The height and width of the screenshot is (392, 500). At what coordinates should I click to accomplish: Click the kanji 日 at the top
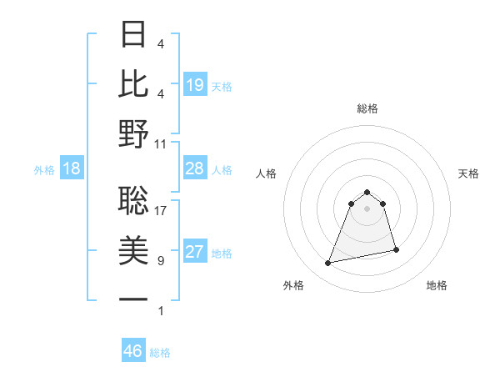[134, 35]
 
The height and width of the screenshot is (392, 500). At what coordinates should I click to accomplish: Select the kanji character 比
[134, 83]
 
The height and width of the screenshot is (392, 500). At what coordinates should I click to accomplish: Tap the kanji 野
[134, 134]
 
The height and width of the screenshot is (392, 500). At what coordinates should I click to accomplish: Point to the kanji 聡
[134, 199]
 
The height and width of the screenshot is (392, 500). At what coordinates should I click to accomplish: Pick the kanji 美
[134, 249]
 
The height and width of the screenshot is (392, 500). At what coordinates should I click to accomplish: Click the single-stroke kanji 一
[134, 299]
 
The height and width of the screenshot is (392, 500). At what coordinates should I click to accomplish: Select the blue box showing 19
[195, 85]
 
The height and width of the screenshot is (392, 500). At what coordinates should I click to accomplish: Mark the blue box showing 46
[133, 351]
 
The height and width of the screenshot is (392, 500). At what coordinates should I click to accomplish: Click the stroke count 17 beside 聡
[161, 211]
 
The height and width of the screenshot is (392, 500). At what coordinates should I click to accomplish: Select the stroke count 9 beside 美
[160, 261]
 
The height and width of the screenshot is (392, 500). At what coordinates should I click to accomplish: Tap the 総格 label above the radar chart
[367, 108]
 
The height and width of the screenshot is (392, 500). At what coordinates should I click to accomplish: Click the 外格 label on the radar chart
[293, 286]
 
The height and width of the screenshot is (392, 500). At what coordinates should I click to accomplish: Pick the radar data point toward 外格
[328, 264]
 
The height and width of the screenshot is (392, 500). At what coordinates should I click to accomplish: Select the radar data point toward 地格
[396, 250]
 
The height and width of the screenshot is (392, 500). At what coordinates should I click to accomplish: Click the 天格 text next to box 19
[222, 87]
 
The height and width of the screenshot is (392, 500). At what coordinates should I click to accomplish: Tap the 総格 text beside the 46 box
[160, 353]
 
